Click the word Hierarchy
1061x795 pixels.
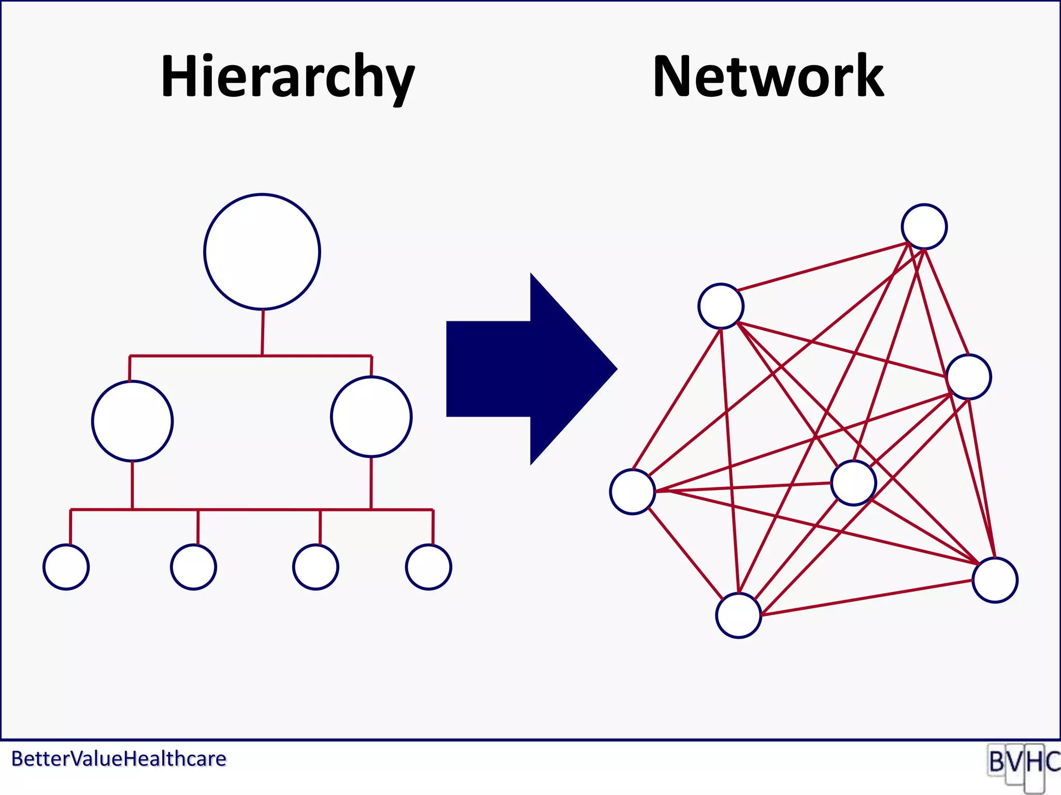[288, 78]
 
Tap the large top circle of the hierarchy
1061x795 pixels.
[262, 252]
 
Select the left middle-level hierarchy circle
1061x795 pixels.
[133, 421]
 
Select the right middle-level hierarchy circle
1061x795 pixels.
[371, 417]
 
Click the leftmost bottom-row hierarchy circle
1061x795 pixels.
[66, 567]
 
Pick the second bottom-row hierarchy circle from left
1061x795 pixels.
[194, 567]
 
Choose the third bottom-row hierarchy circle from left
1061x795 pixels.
[316, 567]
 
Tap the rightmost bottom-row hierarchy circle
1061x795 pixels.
[428, 567]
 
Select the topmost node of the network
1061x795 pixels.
[924, 227]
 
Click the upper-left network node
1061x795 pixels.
[721, 306]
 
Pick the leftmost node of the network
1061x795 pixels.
[633, 492]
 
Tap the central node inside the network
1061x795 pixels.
[853, 483]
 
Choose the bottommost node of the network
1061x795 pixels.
[739, 615]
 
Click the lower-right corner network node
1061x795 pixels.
[995, 580]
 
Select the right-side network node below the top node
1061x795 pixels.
[969, 377]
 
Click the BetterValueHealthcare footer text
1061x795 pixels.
[119, 759]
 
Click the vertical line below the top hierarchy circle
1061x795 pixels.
[263, 332]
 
